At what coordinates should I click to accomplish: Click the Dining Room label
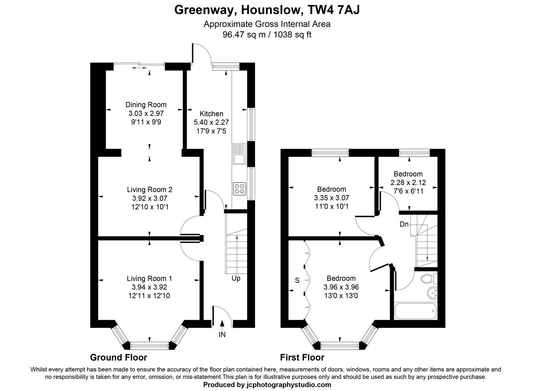point(146,105)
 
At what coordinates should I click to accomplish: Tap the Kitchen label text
point(211,114)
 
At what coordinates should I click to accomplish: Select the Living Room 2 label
point(149,189)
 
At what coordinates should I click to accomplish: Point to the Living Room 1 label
point(149,278)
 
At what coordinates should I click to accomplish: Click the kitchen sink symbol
point(239,154)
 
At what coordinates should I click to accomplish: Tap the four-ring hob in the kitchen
point(239,189)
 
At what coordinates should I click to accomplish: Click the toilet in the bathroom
point(429,279)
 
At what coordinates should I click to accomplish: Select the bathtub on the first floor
point(416,312)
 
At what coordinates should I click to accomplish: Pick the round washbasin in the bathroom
point(432,293)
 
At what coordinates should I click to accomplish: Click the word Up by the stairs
point(236,278)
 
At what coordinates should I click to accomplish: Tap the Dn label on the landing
point(404,224)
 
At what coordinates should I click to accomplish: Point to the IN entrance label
point(222,335)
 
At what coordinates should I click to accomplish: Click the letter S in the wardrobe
point(297,280)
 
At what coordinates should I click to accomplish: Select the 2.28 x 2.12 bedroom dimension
point(408,182)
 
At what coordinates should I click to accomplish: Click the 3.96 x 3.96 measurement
point(341,287)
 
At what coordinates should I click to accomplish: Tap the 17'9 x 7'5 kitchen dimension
point(211,131)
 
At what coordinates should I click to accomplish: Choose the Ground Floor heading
point(119,358)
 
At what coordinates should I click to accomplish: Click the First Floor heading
point(302,358)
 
